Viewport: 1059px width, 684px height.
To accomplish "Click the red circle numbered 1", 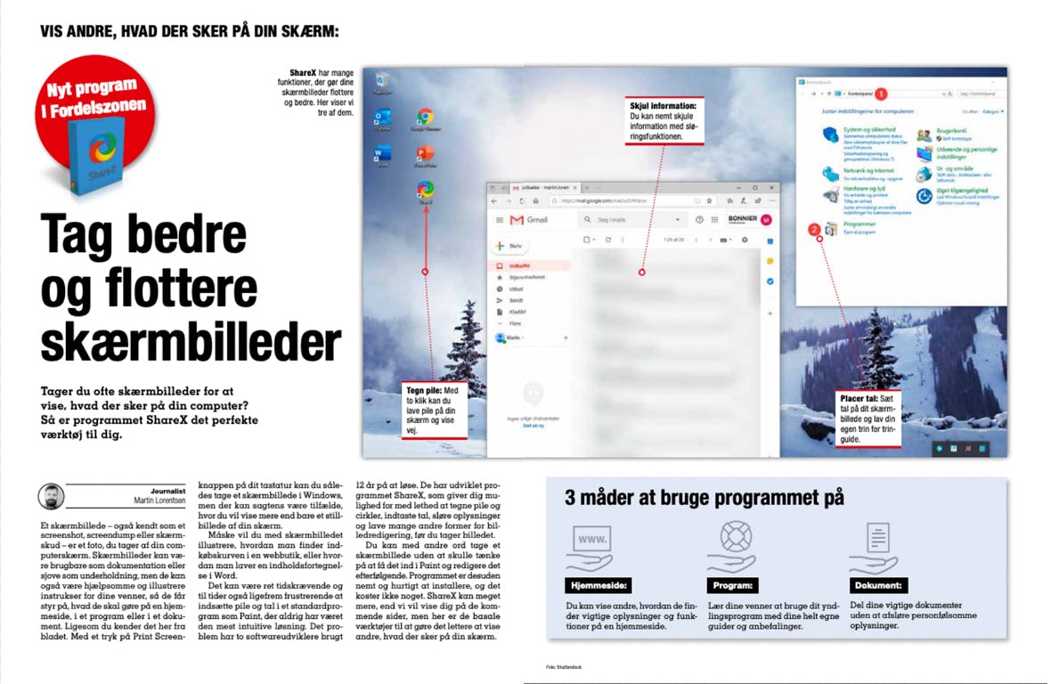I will pos(882,93).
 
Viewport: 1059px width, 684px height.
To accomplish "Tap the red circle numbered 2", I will pos(813,229).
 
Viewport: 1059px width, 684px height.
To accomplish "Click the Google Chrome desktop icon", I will pos(426,118).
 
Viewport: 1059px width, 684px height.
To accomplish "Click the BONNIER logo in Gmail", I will pos(742,220).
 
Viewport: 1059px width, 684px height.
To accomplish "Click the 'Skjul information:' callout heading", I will pos(664,106).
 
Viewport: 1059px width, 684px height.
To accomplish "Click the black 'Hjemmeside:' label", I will pos(599,586).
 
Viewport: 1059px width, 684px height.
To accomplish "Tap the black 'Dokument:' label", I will pos(878,586).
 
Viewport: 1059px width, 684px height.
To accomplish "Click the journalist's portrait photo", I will pos(52,495).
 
